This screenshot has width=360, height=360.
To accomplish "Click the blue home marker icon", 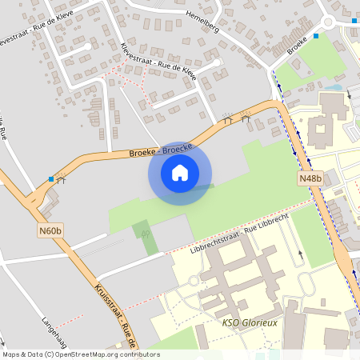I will click(x=180, y=172).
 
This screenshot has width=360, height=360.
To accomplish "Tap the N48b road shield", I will click(x=310, y=178).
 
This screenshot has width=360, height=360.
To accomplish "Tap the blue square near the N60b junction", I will click(x=52, y=179).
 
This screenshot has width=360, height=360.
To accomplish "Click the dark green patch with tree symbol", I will click(x=146, y=237).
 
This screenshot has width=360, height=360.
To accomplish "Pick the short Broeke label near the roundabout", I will click(x=297, y=47).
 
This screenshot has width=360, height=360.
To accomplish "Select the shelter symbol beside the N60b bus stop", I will click(x=62, y=180).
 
